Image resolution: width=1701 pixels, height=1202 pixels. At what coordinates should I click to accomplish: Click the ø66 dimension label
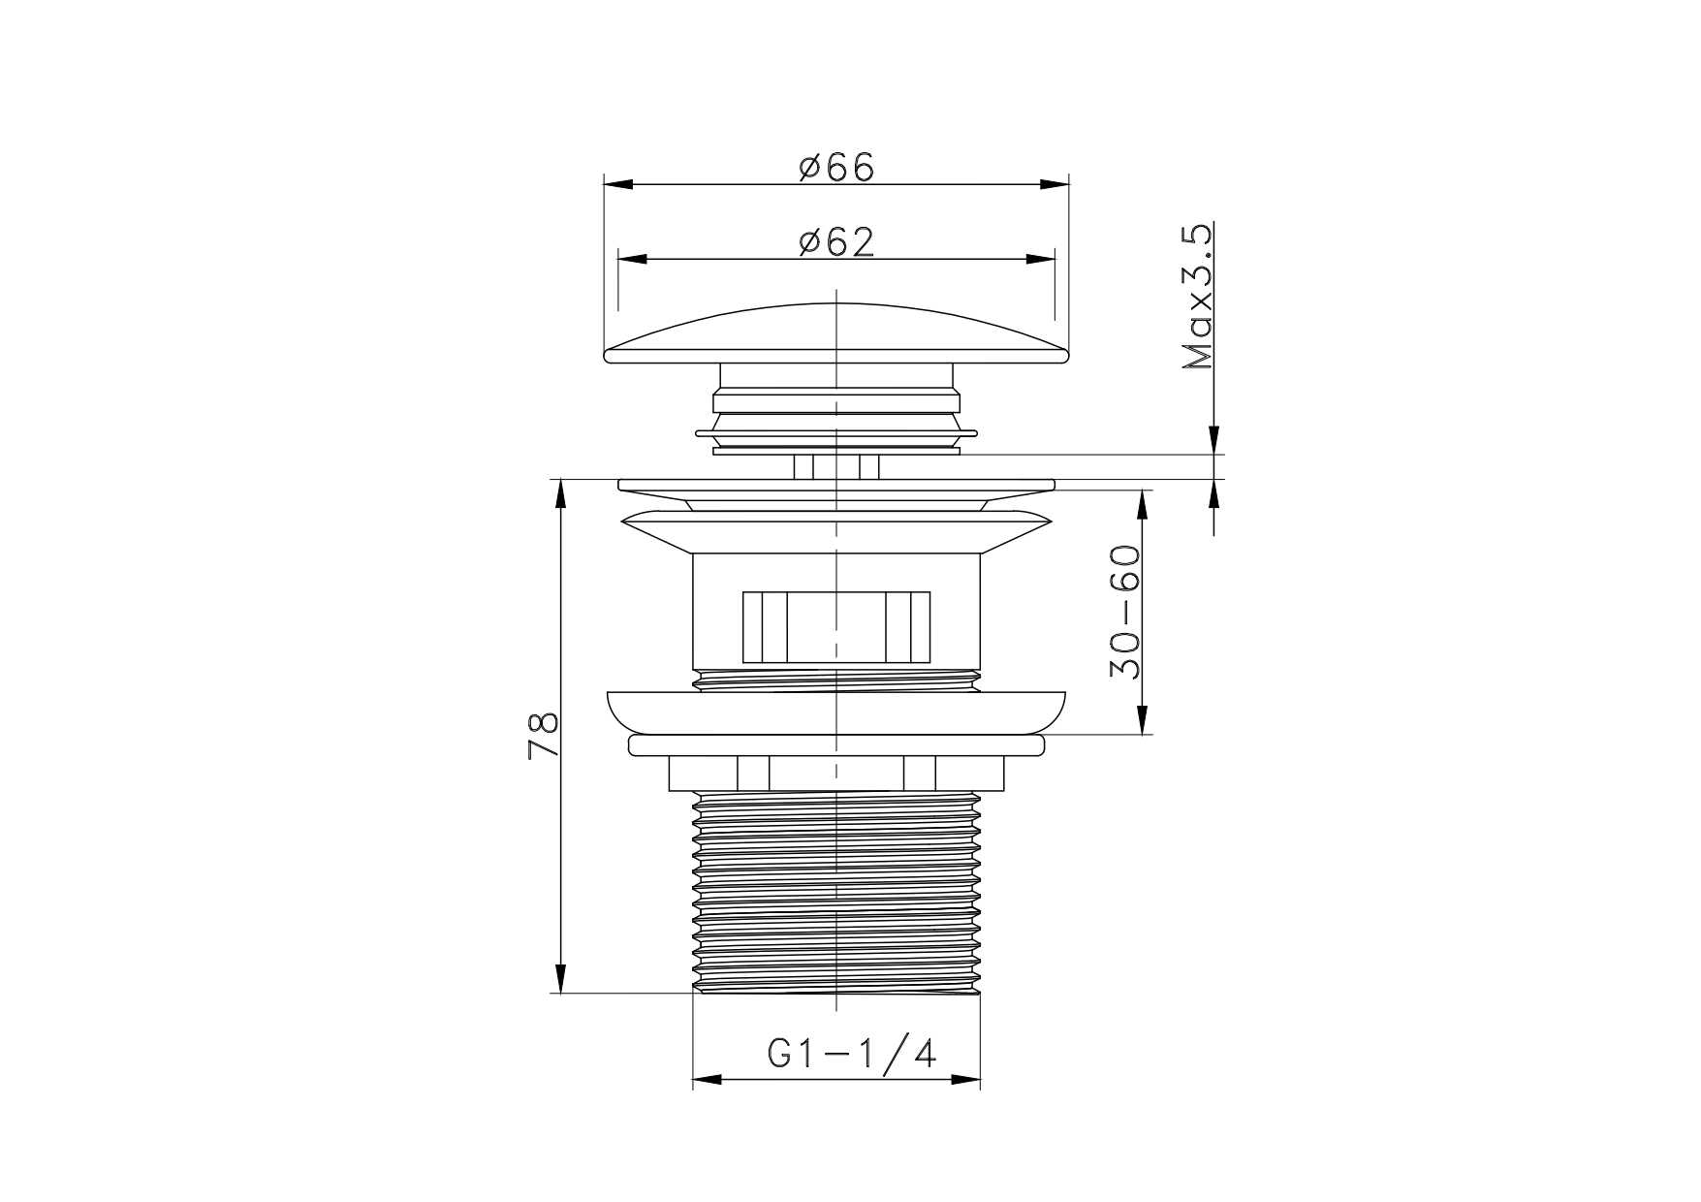pos(836,167)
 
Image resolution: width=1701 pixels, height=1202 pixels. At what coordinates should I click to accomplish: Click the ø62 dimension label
pos(836,241)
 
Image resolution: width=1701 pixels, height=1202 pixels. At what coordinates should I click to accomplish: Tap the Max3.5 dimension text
pos(1198,297)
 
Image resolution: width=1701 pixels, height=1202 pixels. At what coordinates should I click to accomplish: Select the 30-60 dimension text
pos(1124,613)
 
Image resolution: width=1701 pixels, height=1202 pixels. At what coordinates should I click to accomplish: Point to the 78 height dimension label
pos(544,736)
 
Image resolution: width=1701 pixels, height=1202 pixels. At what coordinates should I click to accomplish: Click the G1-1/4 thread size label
pos(852,1053)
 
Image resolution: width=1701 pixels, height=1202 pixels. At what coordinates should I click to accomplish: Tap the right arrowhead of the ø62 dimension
pos(1040,259)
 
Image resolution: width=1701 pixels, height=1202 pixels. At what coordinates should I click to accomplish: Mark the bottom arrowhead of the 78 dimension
pos(560,977)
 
